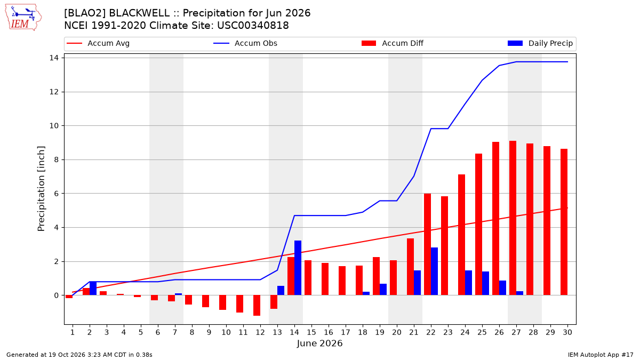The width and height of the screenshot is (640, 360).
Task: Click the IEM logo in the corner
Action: point(23,18)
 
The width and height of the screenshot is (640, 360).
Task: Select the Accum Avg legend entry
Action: point(98,43)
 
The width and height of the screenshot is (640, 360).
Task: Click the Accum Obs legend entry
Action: point(245,43)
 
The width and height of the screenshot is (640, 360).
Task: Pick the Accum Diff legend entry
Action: point(393,43)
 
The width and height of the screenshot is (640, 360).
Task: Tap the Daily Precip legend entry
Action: point(540,43)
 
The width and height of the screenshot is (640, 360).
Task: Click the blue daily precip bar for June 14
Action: point(298,268)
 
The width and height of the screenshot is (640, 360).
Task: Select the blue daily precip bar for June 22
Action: point(434,271)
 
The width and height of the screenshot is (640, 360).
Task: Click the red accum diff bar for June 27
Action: point(513,218)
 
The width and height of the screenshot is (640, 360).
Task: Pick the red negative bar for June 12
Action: point(257,306)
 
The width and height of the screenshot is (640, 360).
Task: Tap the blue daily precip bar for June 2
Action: point(93,289)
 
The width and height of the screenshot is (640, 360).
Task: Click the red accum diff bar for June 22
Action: point(427,244)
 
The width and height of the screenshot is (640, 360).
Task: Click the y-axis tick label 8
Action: point(56,159)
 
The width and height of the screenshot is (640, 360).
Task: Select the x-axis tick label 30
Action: point(567,332)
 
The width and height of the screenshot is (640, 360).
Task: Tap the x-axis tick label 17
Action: point(346,332)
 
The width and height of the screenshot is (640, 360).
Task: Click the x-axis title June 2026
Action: point(319,343)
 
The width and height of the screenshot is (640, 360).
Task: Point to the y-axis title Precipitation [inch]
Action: point(41,189)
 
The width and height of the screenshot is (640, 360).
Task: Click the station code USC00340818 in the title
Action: point(253,26)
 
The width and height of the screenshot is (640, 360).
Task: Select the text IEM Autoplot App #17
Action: point(601,355)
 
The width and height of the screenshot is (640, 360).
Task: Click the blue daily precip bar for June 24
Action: point(468,283)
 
